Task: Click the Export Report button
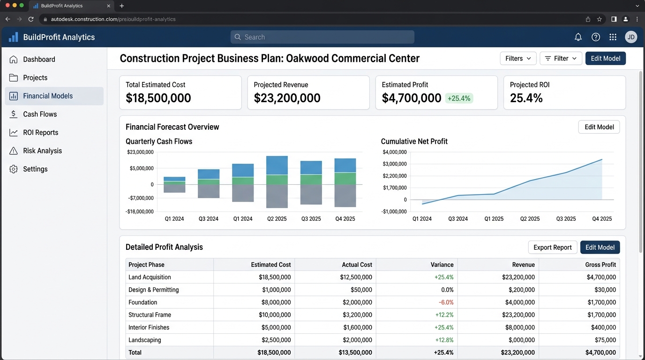pyautogui.click(x=553, y=247)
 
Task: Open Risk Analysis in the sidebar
pyautogui.click(x=42, y=151)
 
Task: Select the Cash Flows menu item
pyautogui.click(x=40, y=114)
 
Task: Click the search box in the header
pyautogui.click(x=322, y=37)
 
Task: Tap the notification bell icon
pyautogui.click(x=578, y=37)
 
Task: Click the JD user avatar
pyautogui.click(x=631, y=37)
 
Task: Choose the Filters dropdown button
pyautogui.click(x=518, y=59)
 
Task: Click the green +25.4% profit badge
pyautogui.click(x=459, y=98)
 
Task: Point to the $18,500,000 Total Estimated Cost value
pyautogui.click(x=158, y=98)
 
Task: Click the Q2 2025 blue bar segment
pyautogui.click(x=277, y=165)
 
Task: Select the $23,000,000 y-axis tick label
pyautogui.click(x=140, y=152)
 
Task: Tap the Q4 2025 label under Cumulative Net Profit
pyautogui.click(x=602, y=219)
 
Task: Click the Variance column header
pyautogui.click(x=442, y=265)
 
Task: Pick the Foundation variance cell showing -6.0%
pyautogui.click(x=446, y=302)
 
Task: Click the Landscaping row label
pyautogui.click(x=144, y=340)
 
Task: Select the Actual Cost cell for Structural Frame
pyautogui.click(x=357, y=315)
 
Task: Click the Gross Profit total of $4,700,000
pyautogui.click(x=600, y=352)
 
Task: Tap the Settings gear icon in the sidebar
pyautogui.click(x=14, y=169)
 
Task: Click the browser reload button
pyautogui.click(x=31, y=19)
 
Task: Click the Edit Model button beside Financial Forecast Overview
pyautogui.click(x=599, y=127)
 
